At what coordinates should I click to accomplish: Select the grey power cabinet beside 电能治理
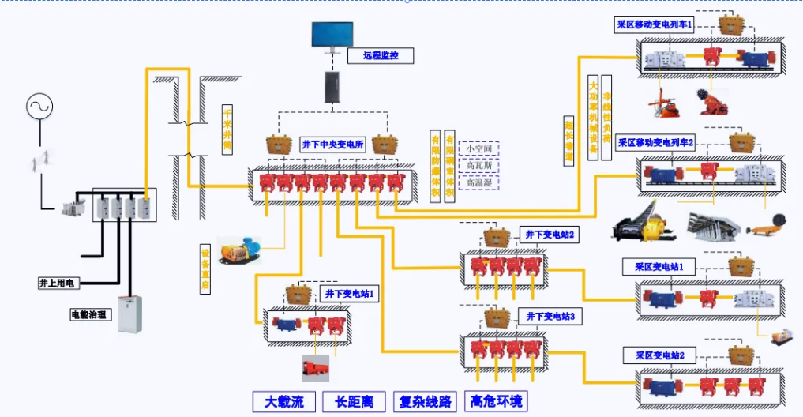[x=131, y=314]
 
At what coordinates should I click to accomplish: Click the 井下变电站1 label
[x=351, y=293]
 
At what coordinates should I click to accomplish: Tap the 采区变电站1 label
[x=659, y=267]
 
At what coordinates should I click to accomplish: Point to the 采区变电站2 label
[x=659, y=355]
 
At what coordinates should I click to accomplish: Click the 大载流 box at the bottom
[x=283, y=401]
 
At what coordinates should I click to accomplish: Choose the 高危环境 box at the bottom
[x=496, y=401]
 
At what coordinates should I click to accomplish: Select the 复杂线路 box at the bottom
[x=425, y=401]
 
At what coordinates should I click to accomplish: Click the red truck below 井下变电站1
[x=315, y=368]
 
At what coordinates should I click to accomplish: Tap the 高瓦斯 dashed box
[x=479, y=166]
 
